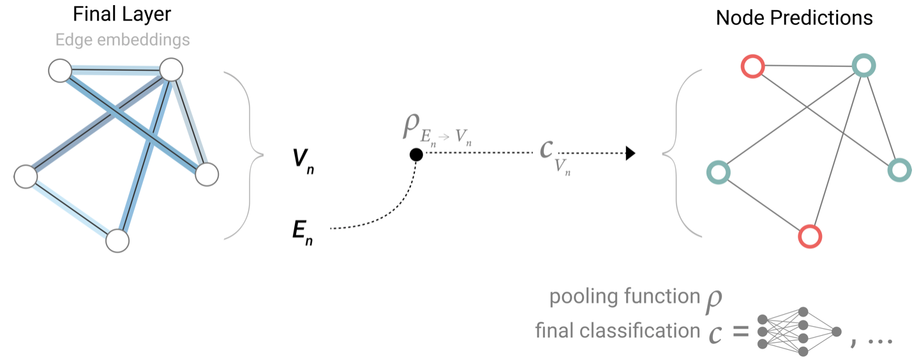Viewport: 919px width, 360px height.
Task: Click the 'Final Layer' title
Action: (122, 14)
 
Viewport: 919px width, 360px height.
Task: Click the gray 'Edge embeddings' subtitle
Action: (123, 40)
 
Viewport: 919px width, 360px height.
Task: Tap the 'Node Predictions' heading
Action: (794, 17)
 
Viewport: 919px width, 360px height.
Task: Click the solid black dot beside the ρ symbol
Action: (415, 154)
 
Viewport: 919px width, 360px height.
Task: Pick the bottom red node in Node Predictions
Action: (810, 236)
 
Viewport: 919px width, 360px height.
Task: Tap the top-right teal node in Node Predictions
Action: (863, 64)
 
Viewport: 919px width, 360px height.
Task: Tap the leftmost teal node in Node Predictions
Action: (719, 172)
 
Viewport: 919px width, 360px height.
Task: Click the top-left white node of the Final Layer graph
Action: (60, 70)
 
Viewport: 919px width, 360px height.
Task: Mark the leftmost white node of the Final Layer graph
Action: (26, 176)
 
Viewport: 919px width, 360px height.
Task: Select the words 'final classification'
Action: (617, 331)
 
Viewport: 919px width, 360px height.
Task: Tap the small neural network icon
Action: (798, 331)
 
